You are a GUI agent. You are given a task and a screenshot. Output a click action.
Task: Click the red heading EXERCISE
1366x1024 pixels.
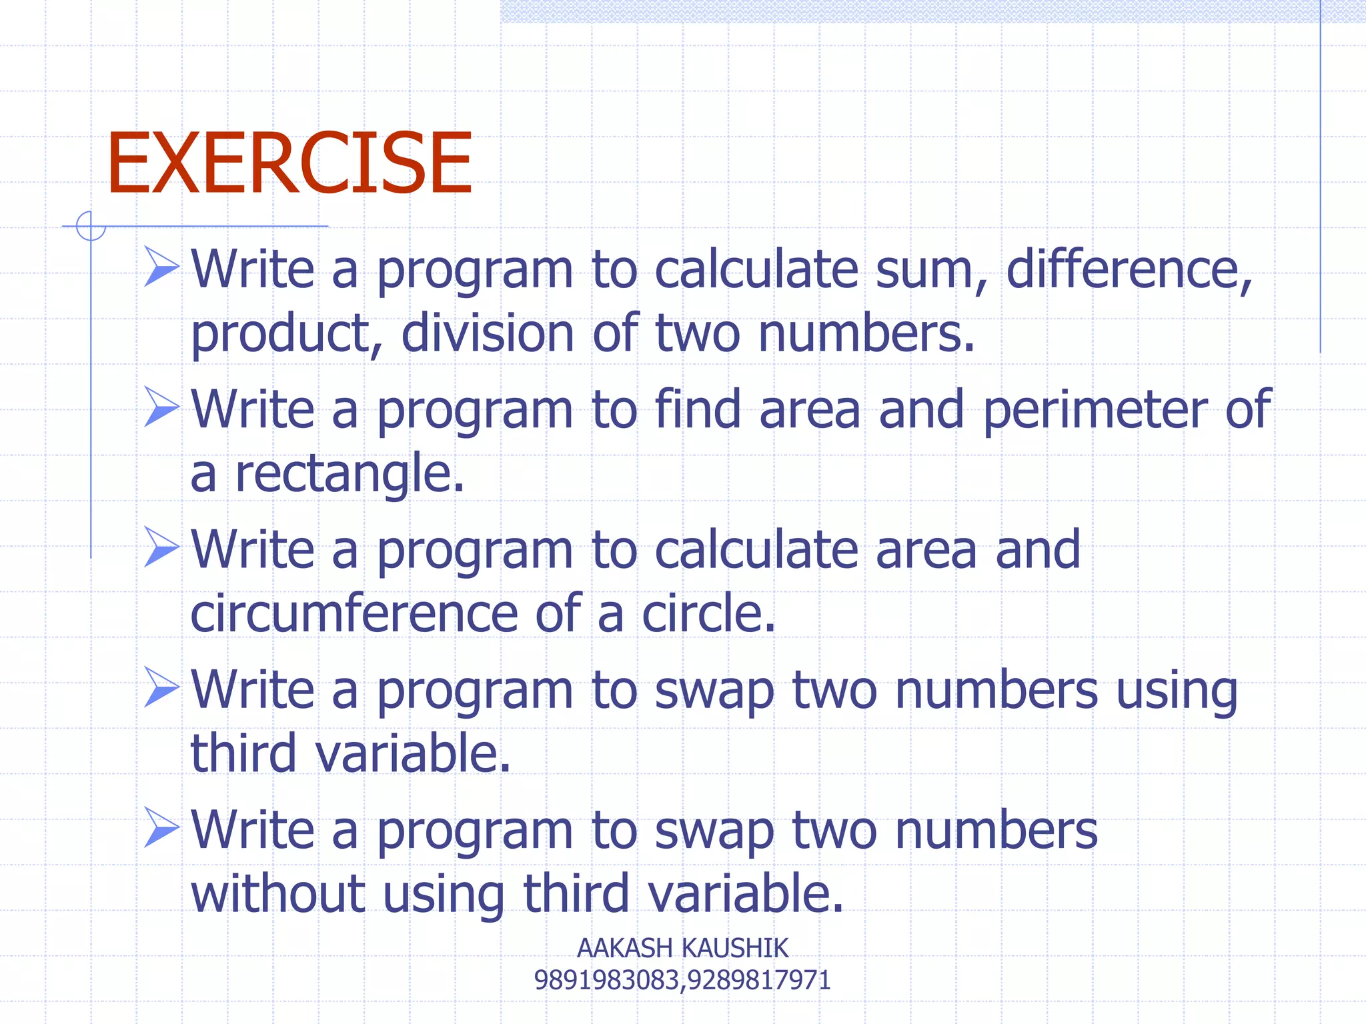pyautogui.click(x=289, y=163)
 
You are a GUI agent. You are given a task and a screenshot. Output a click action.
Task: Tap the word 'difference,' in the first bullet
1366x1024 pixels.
pyautogui.click(x=1129, y=270)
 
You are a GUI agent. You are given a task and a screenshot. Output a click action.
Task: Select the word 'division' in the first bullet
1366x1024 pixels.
pyautogui.click(x=487, y=333)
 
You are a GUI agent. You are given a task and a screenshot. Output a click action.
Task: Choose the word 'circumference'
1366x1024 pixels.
pyautogui.click(x=354, y=613)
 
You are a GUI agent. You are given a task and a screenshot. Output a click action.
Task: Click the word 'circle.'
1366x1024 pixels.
pyautogui.click(x=708, y=613)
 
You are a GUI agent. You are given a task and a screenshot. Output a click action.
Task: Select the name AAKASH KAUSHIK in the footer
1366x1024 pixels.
pyautogui.click(x=682, y=948)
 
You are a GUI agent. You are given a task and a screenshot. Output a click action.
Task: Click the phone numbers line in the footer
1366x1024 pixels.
pyautogui.click(x=682, y=980)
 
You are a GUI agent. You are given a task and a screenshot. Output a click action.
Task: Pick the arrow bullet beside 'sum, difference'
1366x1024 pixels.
pyautogui.click(x=161, y=267)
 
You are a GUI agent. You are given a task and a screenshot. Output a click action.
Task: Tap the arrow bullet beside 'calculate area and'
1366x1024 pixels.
pyautogui.click(x=161, y=547)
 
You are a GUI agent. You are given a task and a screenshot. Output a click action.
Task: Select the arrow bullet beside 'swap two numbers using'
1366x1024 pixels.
pyautogui.click(x=161, y=687)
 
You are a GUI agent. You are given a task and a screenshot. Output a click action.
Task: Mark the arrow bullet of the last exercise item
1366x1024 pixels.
pyautogui.click(x=161, y=827)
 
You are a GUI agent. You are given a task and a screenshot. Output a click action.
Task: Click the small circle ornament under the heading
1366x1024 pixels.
pyautogui.click(x=91, y=226)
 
